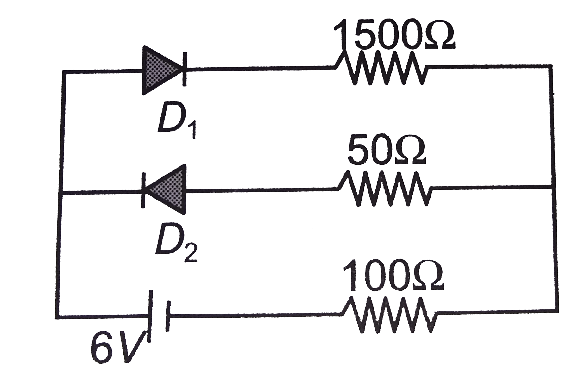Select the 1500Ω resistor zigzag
[x=382, y=68]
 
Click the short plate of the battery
[x=167, y=316]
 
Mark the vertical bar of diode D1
[x=185, y=69]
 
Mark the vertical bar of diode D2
[x=143, y=191]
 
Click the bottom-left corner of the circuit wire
[x=58, y=317]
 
